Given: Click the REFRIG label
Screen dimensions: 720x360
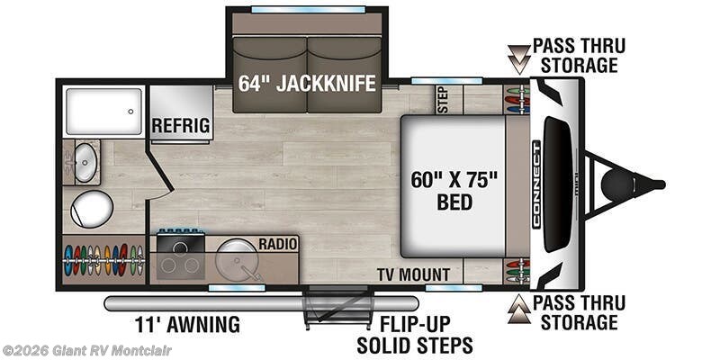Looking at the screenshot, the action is [181, 125].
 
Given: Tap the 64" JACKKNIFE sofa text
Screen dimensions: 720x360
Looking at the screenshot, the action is [307, 83].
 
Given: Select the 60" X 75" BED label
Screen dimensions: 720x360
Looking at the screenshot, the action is [454, 191].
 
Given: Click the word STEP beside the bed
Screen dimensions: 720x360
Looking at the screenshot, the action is [443, 99].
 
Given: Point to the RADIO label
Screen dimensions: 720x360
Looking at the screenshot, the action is [278, 244].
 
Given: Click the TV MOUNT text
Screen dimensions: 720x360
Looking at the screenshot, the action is [413, 274].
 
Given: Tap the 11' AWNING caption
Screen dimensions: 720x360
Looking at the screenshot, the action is [187, 325].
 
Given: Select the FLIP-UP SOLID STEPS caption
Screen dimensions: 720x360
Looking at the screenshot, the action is [415, 334].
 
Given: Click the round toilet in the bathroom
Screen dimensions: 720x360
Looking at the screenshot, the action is [92, 210].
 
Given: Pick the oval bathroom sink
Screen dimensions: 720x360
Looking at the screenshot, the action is [85, 162].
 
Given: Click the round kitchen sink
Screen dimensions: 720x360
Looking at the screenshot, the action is [235, 258].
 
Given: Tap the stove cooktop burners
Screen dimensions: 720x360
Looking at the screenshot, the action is [180, 265].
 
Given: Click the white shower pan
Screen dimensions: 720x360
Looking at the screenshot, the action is [104, 111].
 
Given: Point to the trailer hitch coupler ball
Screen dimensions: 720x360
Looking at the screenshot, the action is [617, 185].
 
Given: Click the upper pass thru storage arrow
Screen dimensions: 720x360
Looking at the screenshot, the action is [519, 59].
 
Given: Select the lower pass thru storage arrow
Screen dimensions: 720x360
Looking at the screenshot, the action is [519, 309].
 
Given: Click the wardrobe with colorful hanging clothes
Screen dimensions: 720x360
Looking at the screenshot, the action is [103, 260].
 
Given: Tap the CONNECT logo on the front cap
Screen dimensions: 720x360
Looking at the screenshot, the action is [535, 184].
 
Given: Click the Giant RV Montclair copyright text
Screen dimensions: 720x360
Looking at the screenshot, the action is [86, 351].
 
